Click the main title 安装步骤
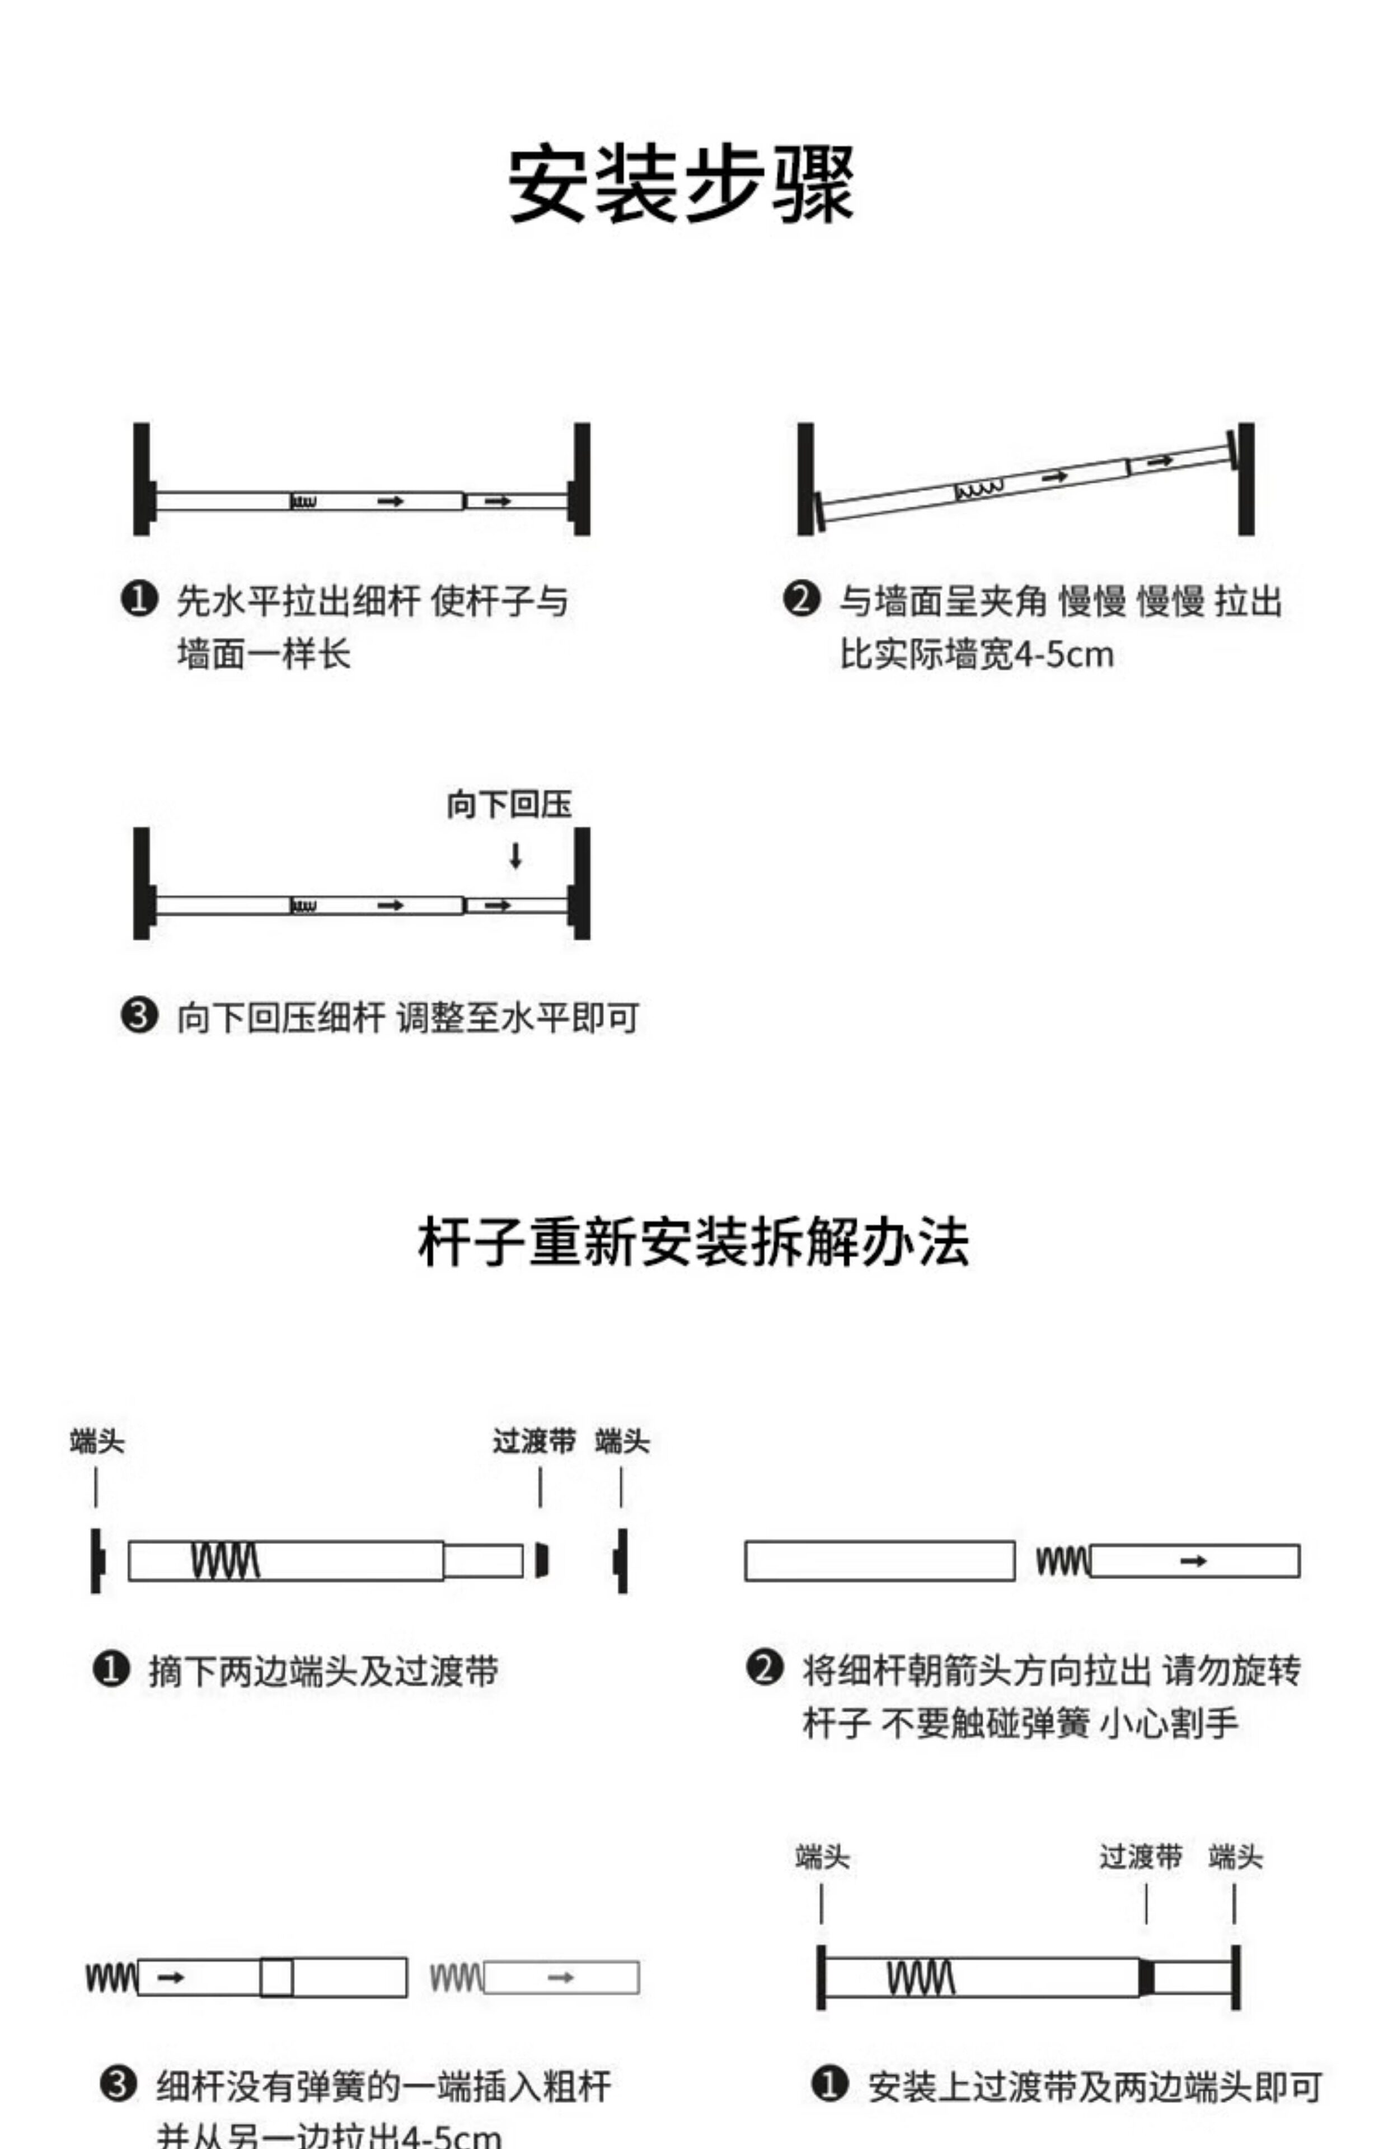pos(681,185)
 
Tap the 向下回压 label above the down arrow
pos(509,805)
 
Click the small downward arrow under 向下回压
pos(515,856)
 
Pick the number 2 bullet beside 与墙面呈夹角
pos(801,600)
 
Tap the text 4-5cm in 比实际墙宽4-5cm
pos(1065,655)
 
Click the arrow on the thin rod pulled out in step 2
pos(1193,1561)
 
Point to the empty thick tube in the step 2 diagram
pos(879,1561)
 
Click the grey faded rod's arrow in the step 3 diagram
pos(561,1978)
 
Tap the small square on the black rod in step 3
pos(276,1978)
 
